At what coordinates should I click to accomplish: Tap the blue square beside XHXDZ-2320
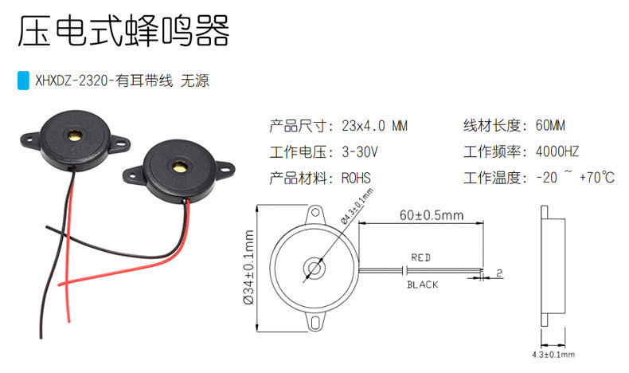pyautogui.click(x=23, y=80)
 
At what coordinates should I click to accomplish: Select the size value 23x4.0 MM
pyautogui.click(x=373, y=126)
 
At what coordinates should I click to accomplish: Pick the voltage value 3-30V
pyautogui.click(x=359, y=151)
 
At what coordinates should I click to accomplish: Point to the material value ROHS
pyautogui.click(x=356, y=178)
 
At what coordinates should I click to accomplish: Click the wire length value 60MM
pyautogui.click(x=550, y=126)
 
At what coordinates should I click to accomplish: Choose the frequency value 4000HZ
pyautogui.click(x=557, y=151)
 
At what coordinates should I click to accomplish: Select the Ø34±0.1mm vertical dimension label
pyautogui.click(x=250, y=268)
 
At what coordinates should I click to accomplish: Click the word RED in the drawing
pyautogui.click(x=420, y=257)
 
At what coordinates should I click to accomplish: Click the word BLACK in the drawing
pyautogui.click(x=422, y=285)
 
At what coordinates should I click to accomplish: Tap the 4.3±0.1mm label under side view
pyautogui.click(x=553, y=354)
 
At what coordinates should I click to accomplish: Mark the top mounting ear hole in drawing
pyautogui.click(x=316, y=214)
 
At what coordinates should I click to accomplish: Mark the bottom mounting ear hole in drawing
pyautogui.click(x=316, y=320)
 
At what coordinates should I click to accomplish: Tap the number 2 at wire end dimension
pyautogui.click(x=498, y=273)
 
